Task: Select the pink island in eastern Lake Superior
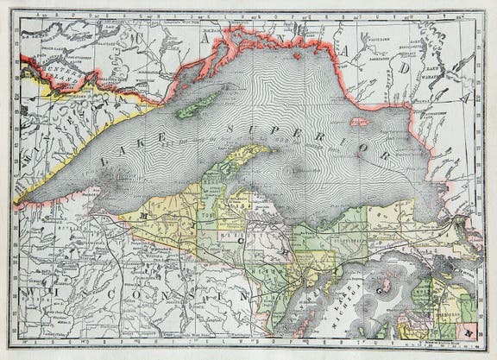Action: tap(361, 123)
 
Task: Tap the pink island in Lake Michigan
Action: tap(384, 283)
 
